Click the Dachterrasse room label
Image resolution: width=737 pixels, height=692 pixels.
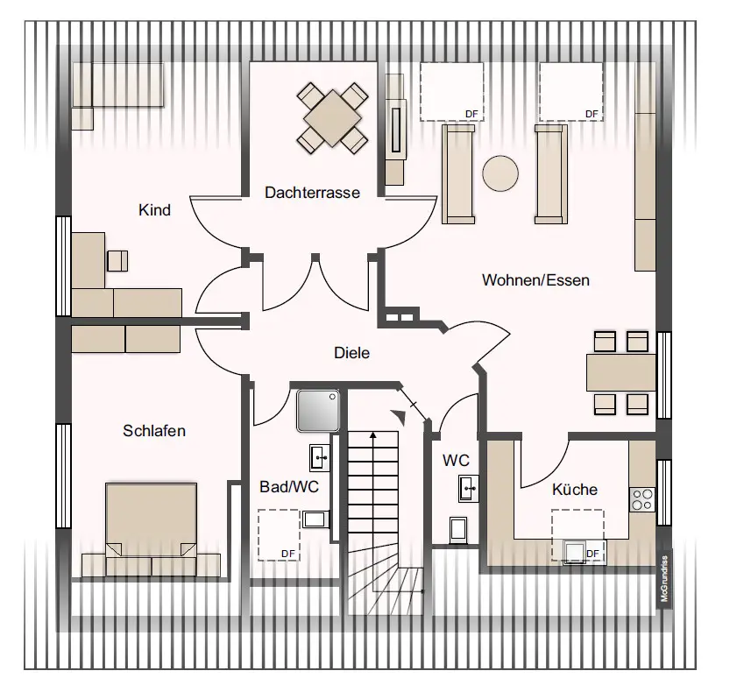pyautogui.click(x=312, y=192)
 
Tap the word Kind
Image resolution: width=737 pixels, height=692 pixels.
pyautogui.click(x=154, y=210)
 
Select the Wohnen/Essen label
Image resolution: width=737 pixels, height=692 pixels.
pyautogui.click(x=535, y=280)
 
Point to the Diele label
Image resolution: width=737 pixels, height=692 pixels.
pyautogui.click(x=351, y=353)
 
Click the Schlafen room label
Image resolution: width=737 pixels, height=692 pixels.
pyautogui.click(x=154, y=430)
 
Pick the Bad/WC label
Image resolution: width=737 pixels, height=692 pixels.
pyautogui.click(x=289, y=487)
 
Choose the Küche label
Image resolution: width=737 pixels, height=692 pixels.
pyautogui.click(x=574, y=490)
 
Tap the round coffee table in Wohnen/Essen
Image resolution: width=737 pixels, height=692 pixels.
pyautogui.click(x=501, y=173)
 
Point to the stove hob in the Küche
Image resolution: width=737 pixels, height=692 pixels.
pyautogui.click(x=642, y=499)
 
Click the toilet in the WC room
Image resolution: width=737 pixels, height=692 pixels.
pyautogui.click(x=458, y=530)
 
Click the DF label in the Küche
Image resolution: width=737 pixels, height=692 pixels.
pyautogui.click(x=592, y=554)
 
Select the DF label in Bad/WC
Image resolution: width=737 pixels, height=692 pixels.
pyautogui.click(x=287, y=553)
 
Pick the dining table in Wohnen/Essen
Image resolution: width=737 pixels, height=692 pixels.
pyautogui.click(x=620, y=372)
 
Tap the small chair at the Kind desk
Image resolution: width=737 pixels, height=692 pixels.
pyautogui.click(x=117, y=260)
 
